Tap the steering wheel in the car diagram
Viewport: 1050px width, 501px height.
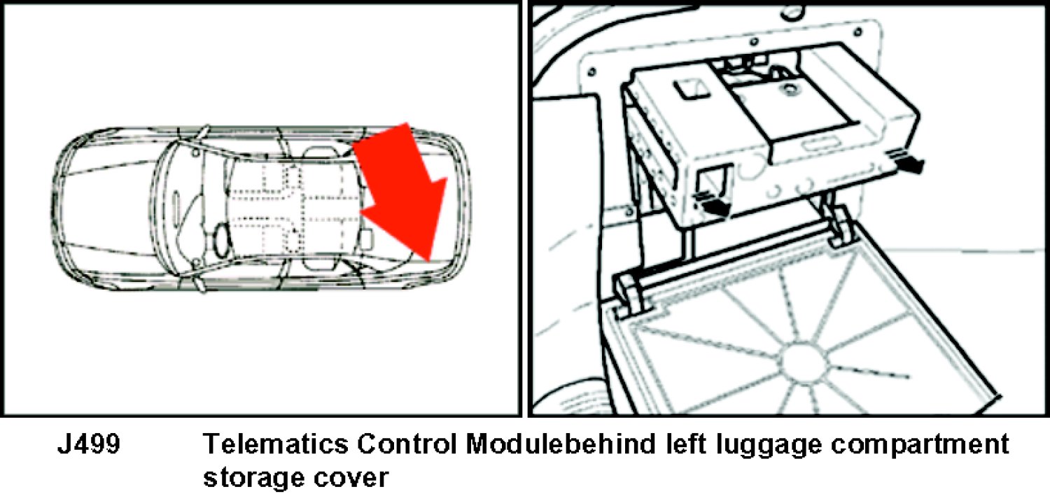click(x=222, y=239)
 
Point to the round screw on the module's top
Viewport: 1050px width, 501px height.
click(x=792, y=88)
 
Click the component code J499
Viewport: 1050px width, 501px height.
click(x=89, y=444)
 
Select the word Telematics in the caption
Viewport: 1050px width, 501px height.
click(x=276, y=444)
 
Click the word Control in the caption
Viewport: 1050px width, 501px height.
click(x=407, y=444)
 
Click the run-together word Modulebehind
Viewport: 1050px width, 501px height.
click(x=561, y=444)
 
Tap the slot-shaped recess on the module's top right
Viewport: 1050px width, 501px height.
click(x=818, y=147)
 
